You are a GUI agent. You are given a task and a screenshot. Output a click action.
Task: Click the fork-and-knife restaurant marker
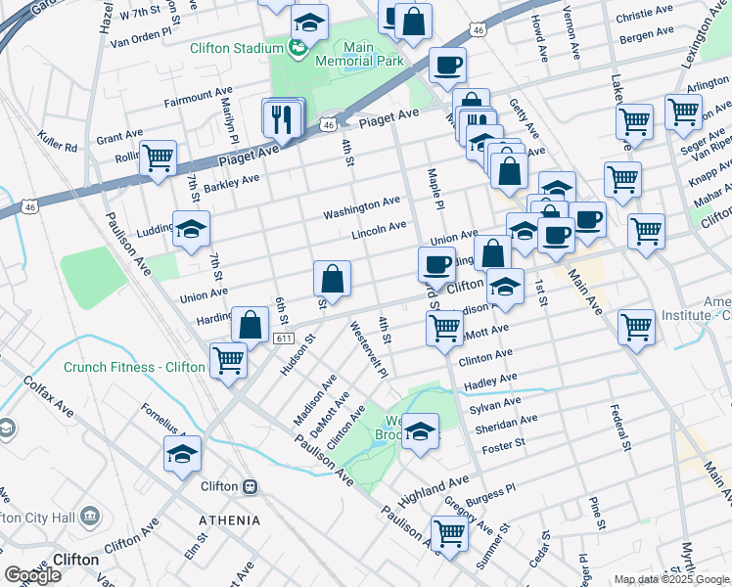(281, 120)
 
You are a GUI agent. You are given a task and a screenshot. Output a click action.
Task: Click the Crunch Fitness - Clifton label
(135, 368)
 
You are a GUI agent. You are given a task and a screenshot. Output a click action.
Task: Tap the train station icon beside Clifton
(251, 486)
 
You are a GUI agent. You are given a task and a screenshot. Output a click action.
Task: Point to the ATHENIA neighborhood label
(230, 520)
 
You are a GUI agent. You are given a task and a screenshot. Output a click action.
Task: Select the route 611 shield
(284, 339)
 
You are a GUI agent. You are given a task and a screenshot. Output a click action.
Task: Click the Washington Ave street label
(362, 206)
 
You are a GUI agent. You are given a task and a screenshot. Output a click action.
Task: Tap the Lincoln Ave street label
(379, 231)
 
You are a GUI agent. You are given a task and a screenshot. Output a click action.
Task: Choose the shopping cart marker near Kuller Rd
(158, 158)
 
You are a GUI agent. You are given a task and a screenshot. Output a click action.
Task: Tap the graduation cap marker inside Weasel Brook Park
(420, 432)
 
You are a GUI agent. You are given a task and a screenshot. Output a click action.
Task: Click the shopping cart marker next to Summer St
(449, 534)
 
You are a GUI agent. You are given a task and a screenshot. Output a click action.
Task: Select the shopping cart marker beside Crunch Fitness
(228, 361)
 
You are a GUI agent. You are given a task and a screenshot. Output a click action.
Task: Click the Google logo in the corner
(32, 575)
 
